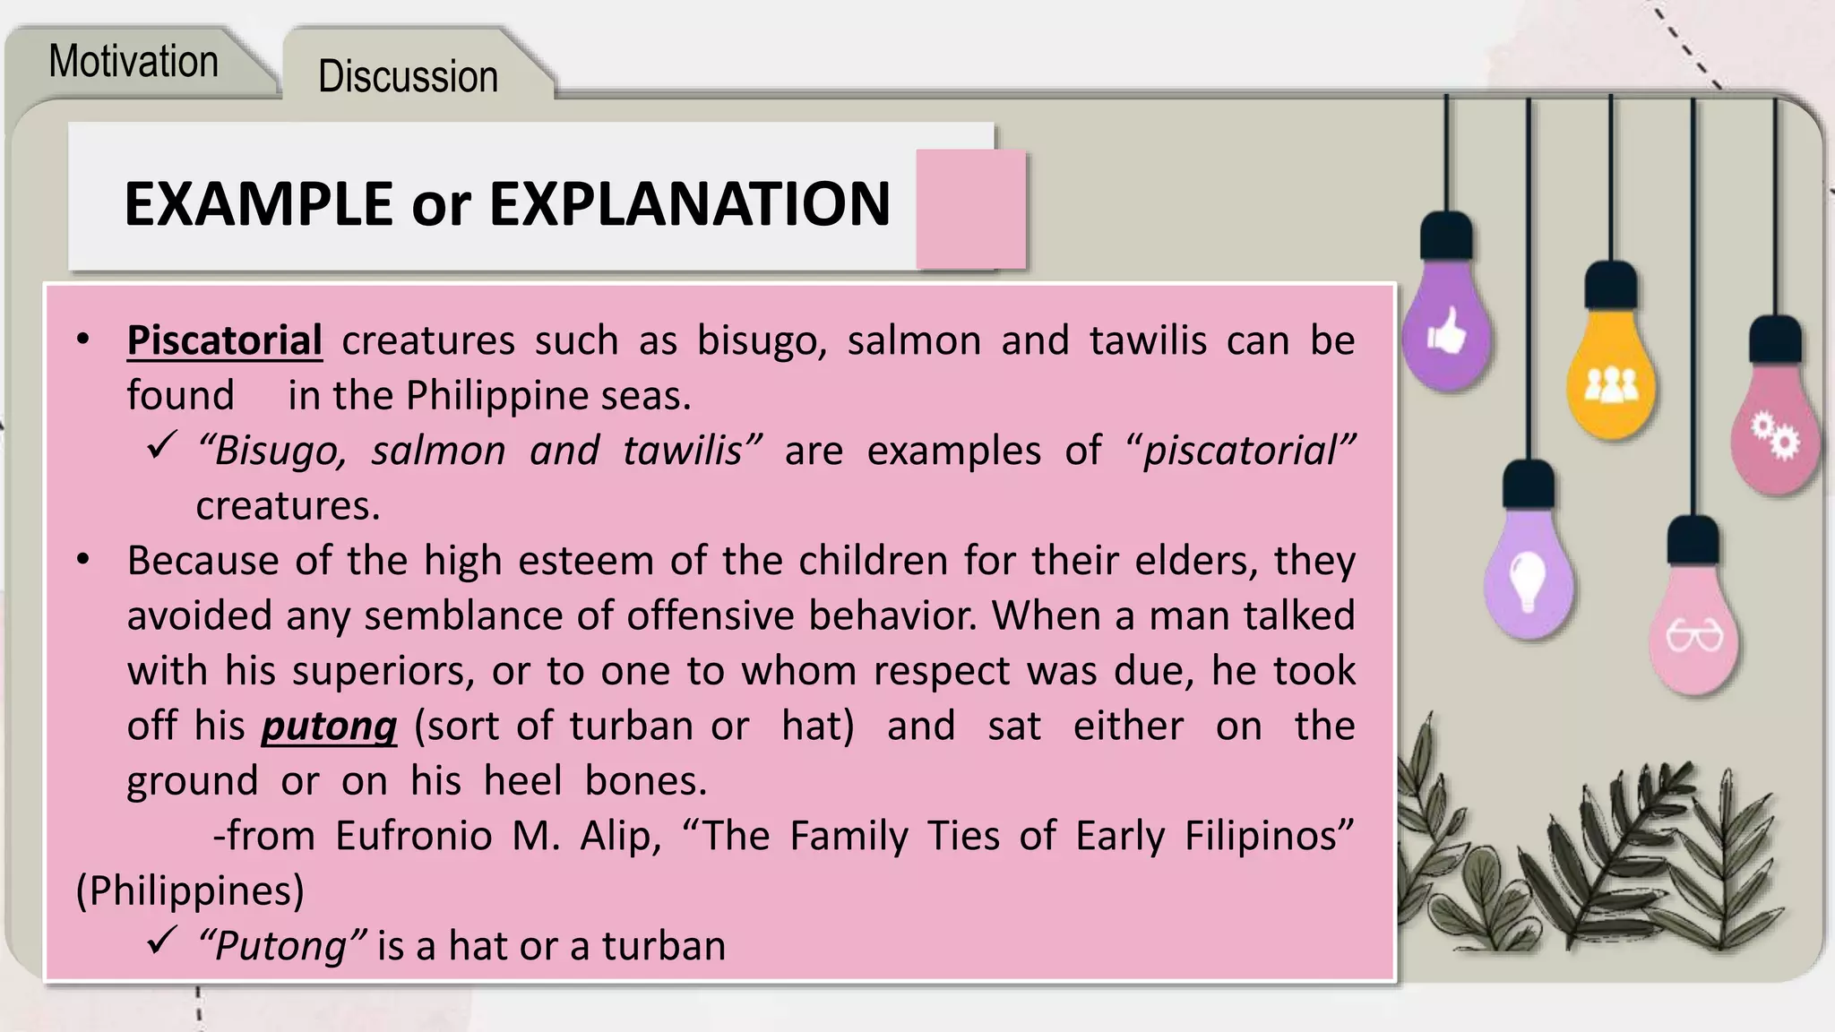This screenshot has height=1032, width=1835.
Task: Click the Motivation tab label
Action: point(134,62)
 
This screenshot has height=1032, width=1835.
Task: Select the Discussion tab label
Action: point(408,77)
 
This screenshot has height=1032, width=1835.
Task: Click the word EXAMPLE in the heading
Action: point(258,204)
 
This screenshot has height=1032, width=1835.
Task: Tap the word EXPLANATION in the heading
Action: point(690,204)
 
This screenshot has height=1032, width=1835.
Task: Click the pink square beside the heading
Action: point(970,209)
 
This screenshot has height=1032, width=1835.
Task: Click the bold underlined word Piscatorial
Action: point(224,341)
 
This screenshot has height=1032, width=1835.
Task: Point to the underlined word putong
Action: point(329,727)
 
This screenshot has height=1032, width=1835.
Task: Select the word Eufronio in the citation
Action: point(414,836)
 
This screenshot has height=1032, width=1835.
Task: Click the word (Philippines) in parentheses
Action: point(190,891)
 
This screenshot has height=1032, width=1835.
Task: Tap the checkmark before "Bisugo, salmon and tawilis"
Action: point(160,445)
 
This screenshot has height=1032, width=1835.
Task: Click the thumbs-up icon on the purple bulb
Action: point(1446,333)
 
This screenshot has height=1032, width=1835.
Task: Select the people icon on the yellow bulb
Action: point(1611,386)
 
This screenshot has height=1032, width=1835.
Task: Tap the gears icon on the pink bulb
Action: point(1775,436)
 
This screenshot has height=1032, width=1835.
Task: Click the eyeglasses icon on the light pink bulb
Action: point(1693,637)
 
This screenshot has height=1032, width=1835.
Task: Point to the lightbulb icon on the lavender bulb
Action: point(1528,580)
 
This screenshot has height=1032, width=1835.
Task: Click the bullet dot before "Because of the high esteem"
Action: point(83,560)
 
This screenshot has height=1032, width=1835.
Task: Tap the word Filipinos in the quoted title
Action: point(1269,836)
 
